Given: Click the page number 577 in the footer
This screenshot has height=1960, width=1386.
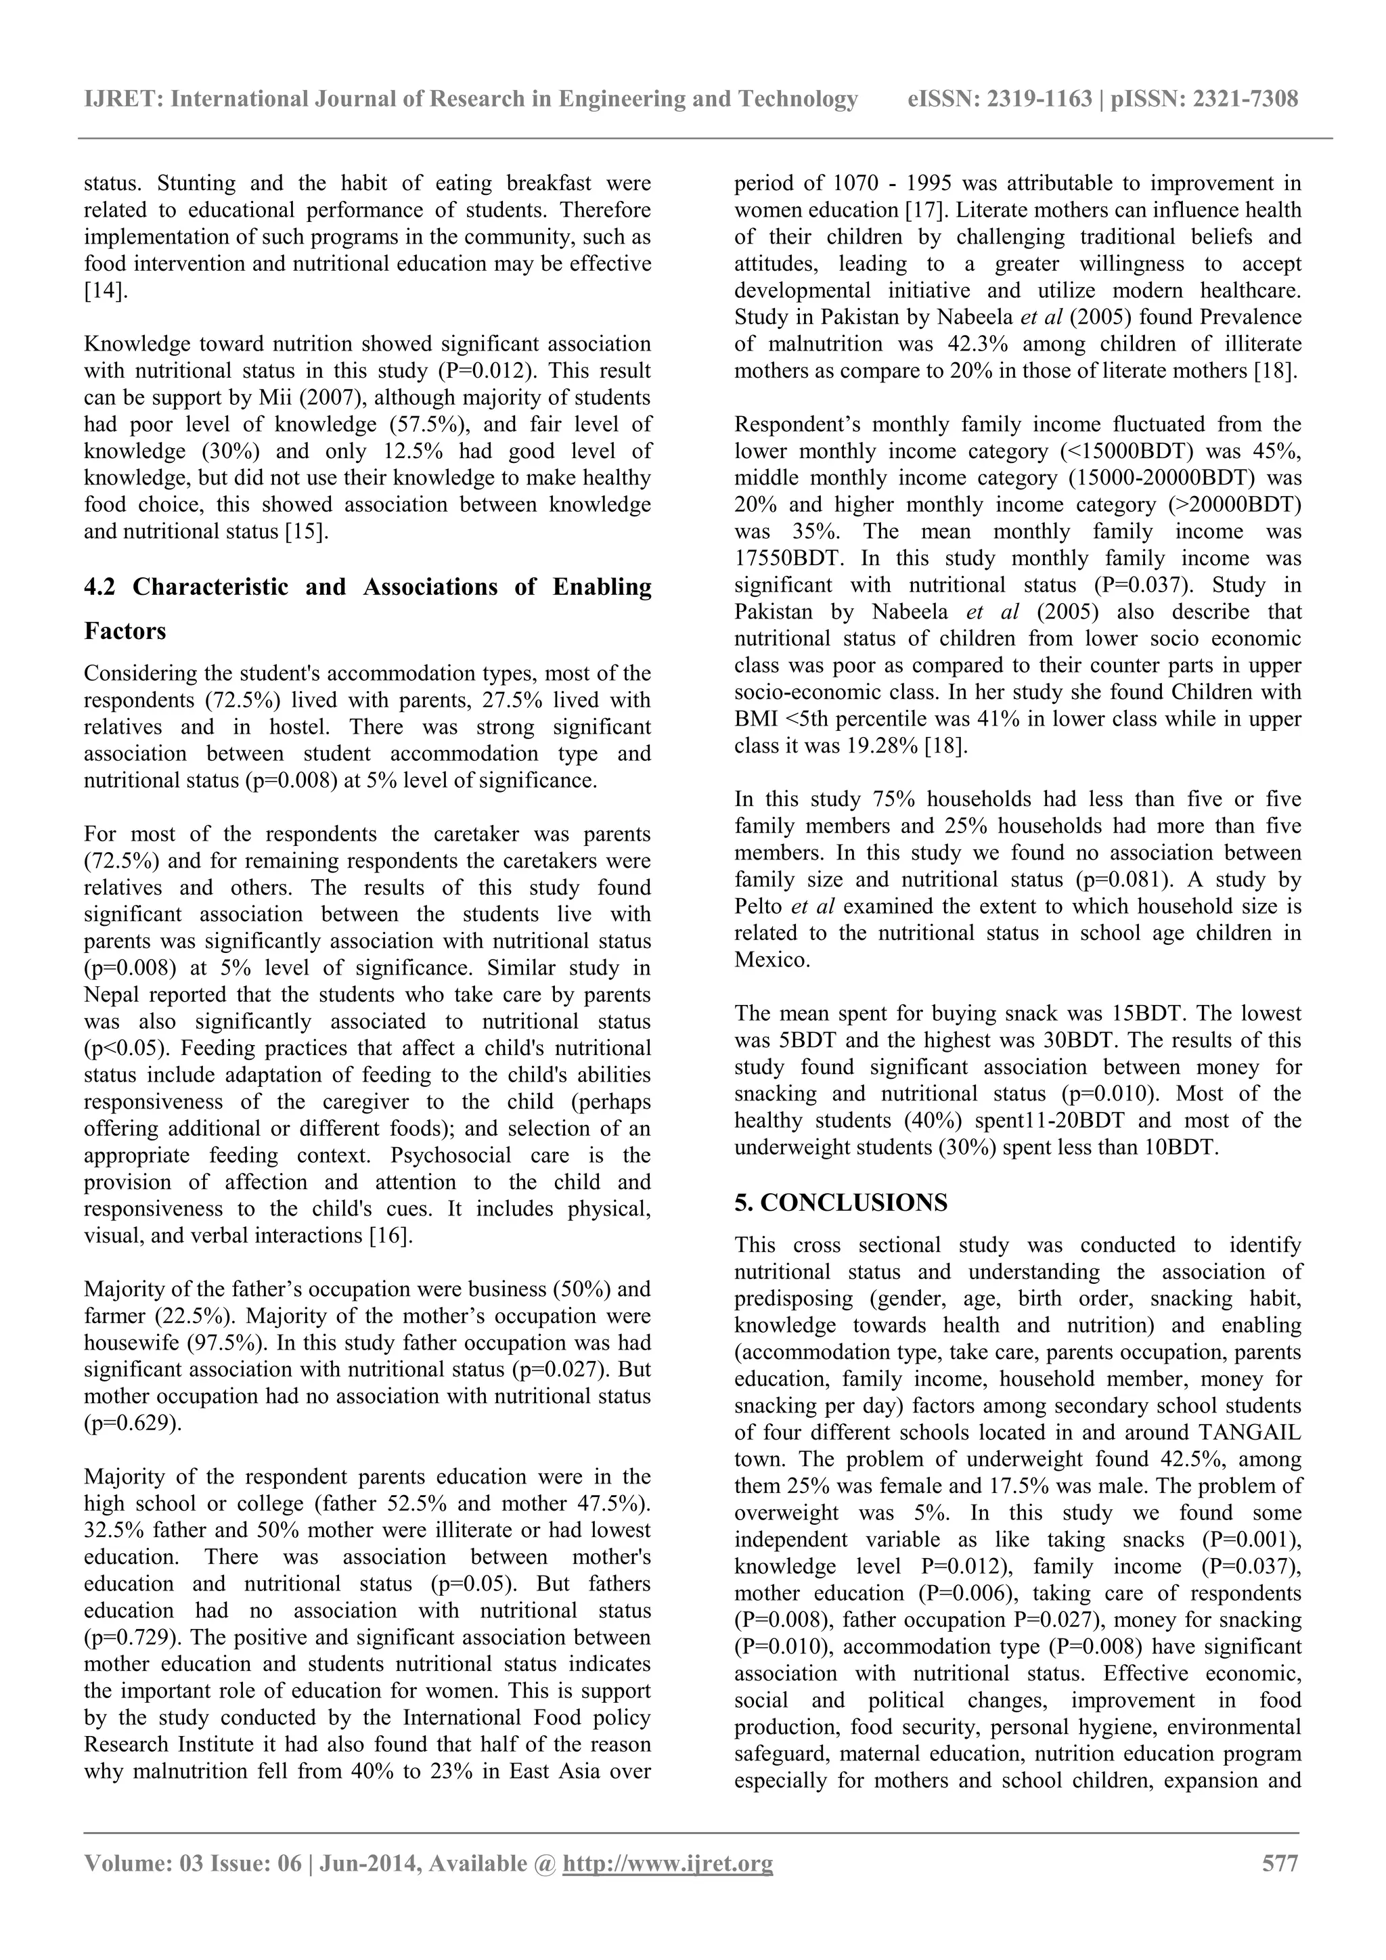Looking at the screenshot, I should [1280, 1863].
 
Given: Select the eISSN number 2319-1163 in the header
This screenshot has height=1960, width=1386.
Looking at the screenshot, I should [1039, 99].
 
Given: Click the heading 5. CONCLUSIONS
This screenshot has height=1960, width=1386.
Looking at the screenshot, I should [841, 1203].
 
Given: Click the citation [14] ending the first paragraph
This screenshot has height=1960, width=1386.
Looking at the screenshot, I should [106, 290].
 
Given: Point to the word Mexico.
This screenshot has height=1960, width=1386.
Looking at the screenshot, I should [772, 960].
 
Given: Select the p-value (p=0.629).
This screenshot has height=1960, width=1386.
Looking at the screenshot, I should [133, 1423].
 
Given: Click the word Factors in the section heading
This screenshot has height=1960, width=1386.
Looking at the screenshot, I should [125, 631].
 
